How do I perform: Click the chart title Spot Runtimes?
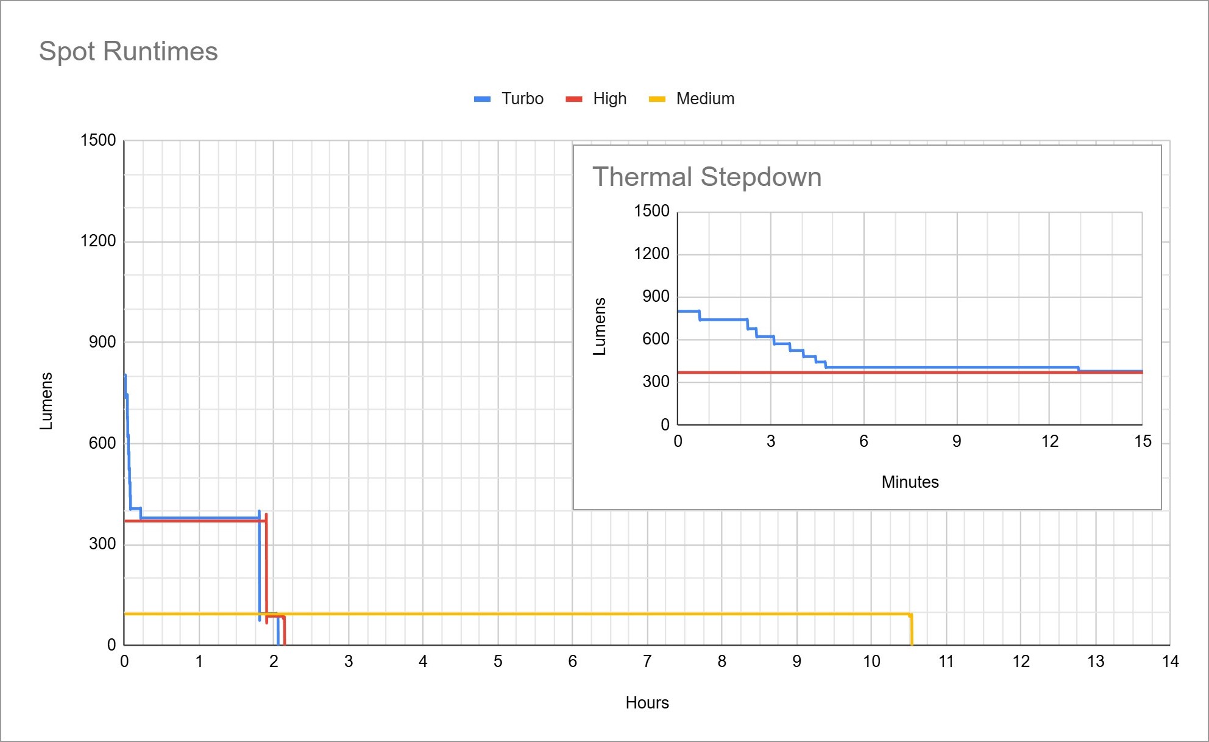128,51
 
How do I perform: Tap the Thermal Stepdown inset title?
707,177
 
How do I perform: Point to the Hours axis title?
647,703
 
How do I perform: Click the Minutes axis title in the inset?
910,482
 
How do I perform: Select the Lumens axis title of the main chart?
46,401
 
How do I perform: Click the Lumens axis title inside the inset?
600,326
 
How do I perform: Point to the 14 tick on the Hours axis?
1170,662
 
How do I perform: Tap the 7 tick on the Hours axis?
647,662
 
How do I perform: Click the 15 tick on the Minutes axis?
1143,441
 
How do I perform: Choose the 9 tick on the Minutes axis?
957,441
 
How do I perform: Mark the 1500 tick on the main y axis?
98,140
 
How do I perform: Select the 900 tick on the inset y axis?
656,297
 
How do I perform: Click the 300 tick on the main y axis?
102,544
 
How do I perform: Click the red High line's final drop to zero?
285,631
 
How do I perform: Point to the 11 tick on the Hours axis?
946,662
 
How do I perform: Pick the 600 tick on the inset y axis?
656,340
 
